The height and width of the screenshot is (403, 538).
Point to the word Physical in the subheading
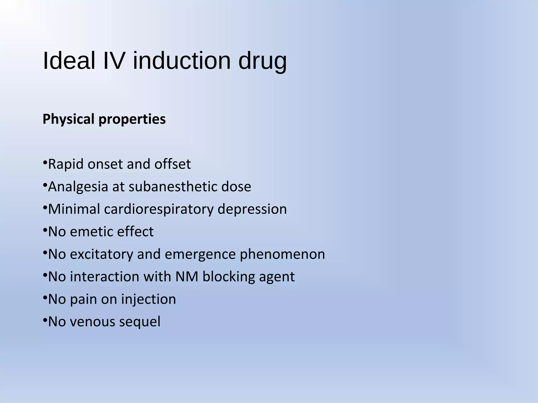coord(68,119)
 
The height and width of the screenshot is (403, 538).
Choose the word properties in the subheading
coord(132,120)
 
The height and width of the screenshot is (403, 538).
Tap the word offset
coord(172,164)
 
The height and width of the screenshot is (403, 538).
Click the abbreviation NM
coord(187,277)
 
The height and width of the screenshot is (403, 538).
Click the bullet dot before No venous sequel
coord(45,320)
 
